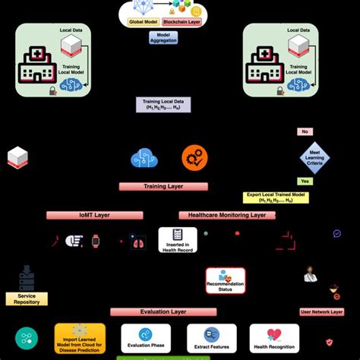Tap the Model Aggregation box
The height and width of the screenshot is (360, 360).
tap(164, 36)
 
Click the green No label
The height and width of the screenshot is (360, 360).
tap(305, 131)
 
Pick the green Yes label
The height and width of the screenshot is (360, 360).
tap(305, 182)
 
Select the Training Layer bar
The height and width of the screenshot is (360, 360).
tap(163, 185)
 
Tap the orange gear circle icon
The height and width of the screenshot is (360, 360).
tap(194, 158)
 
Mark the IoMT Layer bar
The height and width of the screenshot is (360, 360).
tap(89, 215)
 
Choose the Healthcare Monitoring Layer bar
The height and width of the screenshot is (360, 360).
tap(226, 215)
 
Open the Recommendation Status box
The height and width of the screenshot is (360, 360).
tap(226, 280)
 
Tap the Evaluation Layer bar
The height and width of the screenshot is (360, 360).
tap(163, 311)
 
